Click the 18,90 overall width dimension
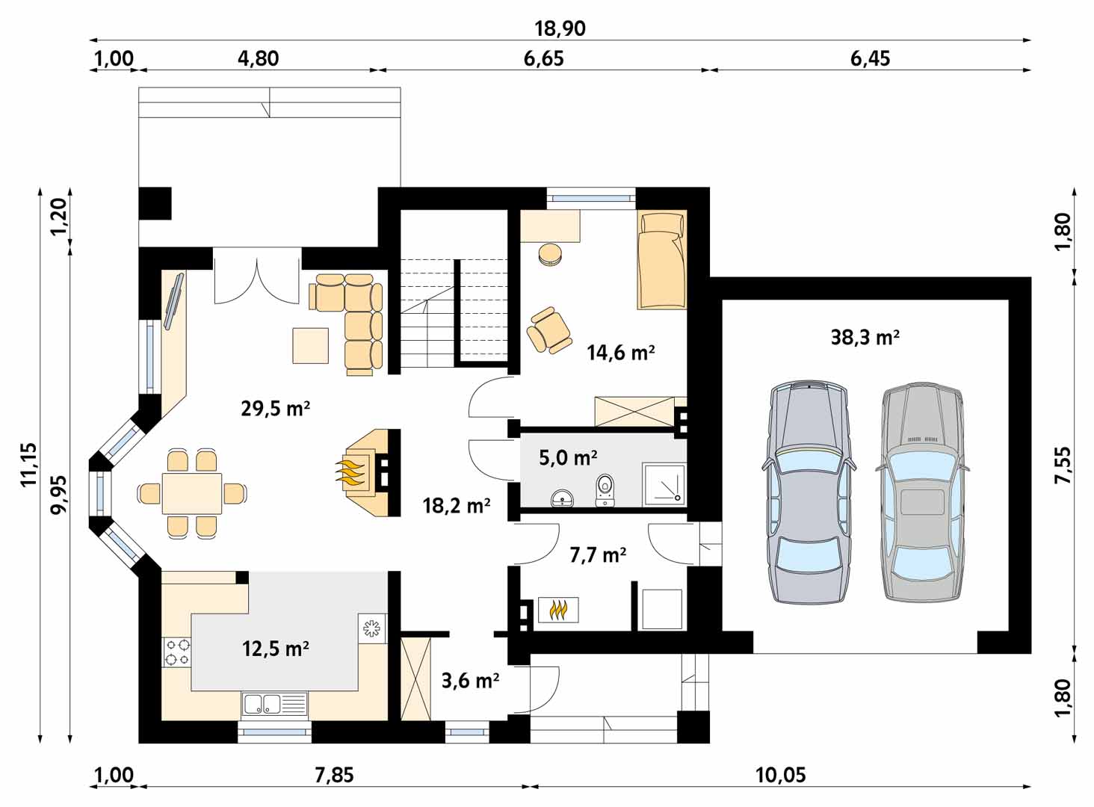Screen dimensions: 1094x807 (x=560, y=29)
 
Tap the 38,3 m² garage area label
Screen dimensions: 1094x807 (x=865, y=337)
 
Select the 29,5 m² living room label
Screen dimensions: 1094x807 (x=276, y=408)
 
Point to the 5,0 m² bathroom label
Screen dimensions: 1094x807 (x=568, y=458)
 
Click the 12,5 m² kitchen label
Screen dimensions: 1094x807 (x=276, y=649)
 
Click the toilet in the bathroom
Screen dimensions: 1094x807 (x=605, y=489)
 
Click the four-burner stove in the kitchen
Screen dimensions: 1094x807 (x=176, y=652)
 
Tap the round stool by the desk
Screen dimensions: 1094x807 (x=551, y=255)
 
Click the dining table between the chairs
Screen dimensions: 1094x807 (x=192, y=493)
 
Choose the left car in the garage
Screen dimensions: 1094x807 (x=809, y=492)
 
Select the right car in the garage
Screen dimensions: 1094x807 (x=923, y=492)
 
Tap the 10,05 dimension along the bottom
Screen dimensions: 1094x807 (x=780, y=775)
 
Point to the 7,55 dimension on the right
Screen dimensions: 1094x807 (x=1063, y=465)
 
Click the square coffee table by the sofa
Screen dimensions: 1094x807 (x=310, y=346)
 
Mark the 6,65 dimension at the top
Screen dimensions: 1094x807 (x=543, y=58)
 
